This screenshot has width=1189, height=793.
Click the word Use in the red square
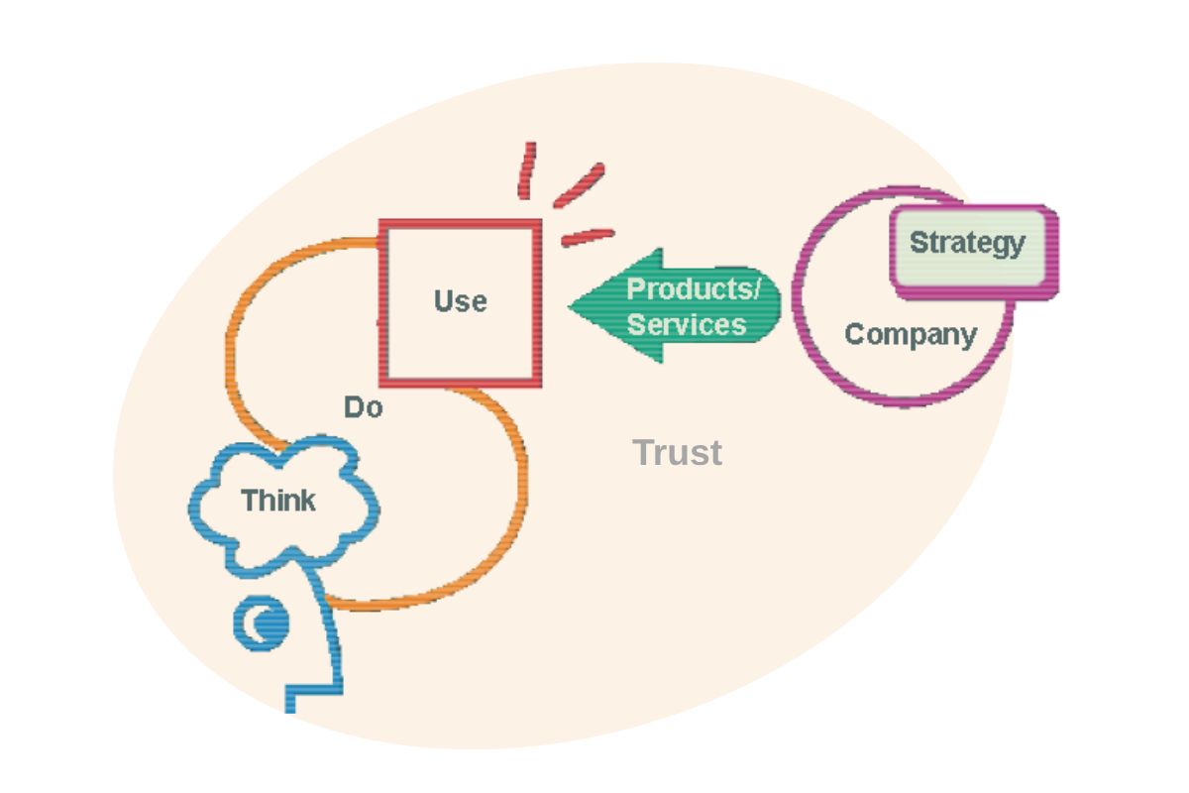[461, 300]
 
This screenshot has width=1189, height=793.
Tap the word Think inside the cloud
[278, 501]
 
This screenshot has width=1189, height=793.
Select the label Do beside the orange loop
[363, 406]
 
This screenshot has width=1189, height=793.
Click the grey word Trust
[678, 453]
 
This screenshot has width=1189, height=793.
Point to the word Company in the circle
[911, 334]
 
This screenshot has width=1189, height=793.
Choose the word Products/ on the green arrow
[693, 288]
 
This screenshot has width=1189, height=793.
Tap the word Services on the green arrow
[687, 324]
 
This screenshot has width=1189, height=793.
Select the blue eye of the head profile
[262, 623]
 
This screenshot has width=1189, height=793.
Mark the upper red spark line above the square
[528, 170]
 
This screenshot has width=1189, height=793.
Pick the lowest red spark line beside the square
[588, 237]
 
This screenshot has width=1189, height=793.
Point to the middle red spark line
[579, 185]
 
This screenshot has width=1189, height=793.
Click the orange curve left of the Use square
[233, 337]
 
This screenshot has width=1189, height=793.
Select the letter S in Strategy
[918, 242]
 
